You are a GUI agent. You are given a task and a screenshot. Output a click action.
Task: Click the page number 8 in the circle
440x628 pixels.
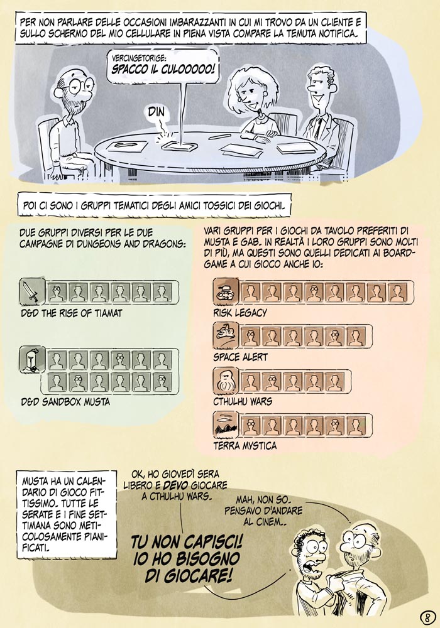click(x=427, y=616)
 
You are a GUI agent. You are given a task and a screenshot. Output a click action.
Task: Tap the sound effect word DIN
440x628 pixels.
click(x=157, y=112)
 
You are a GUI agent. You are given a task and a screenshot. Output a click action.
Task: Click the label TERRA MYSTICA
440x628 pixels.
click(x=245, y=445)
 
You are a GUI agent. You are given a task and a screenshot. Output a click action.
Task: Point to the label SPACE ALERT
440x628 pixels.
click(x=241, y=357)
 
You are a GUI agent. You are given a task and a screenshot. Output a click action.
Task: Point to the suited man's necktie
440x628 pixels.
click(x=317, y=127)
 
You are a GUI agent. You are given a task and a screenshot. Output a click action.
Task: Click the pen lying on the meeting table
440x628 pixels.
click(x=219, y=136)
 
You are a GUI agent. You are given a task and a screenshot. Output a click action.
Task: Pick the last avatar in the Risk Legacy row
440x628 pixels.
click(x=397, y=293)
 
